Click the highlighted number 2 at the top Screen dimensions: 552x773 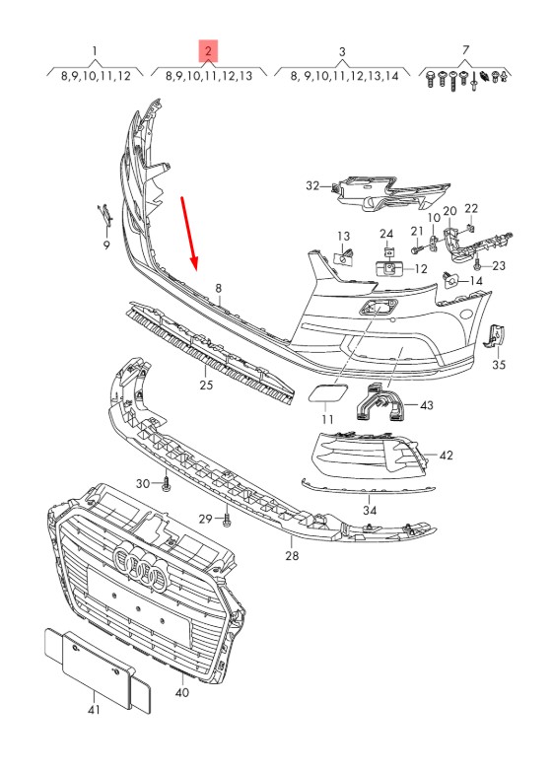click(x=208, y=51)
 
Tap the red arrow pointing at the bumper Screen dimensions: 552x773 click(x=189, y=235)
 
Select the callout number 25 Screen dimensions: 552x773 click(x=206, y=385)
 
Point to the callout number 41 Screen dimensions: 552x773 click(x=94, y=710)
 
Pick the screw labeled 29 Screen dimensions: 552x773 click(x=227, y=519)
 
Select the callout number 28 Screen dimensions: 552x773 click(x=292, y=556)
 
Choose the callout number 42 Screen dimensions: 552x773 click(x=446, y=456)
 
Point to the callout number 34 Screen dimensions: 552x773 click(x=370, y=511)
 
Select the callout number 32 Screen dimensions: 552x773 click(x=313, y=185)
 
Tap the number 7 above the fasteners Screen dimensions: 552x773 click(x=465, y=49)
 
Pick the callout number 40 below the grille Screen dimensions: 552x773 click(x=181, y=692)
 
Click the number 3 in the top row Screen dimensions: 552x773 click(x=342, y=51)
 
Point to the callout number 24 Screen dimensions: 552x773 click(x=386, y=234)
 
